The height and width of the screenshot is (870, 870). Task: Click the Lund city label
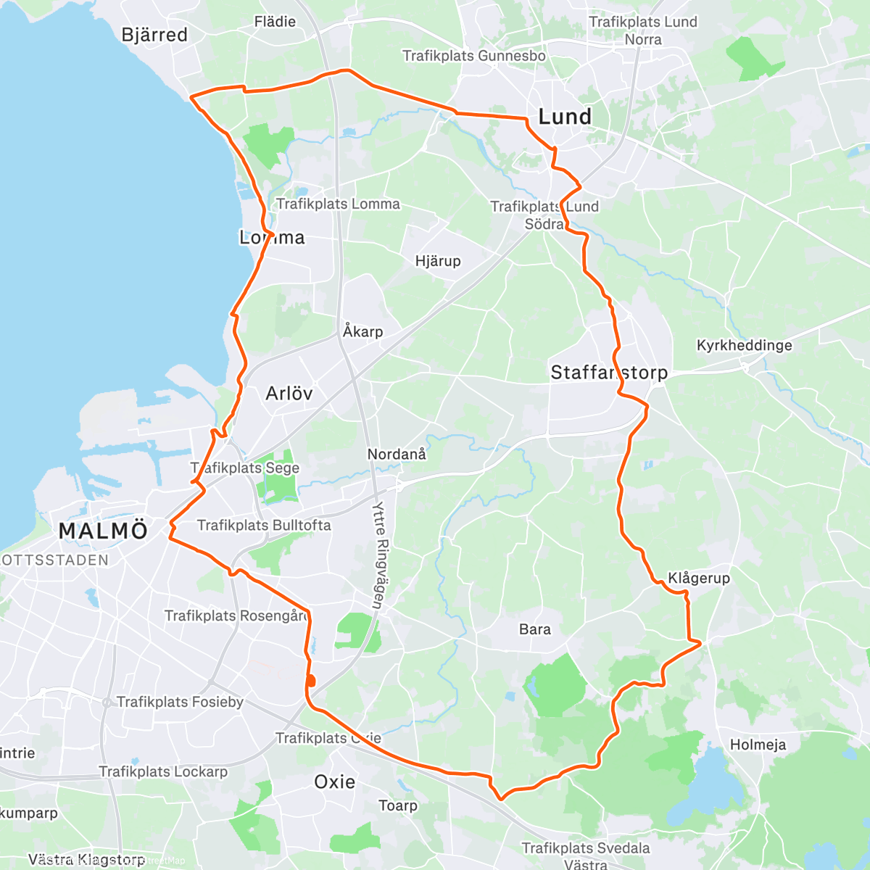click(x=564, y=117)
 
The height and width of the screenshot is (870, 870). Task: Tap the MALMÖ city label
click(x=103, y=531)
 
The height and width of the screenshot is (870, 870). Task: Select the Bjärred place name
click(x=154, y=35)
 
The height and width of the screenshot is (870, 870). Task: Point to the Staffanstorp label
click(x=609, y=373)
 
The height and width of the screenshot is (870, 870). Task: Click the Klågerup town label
click(x=699, y=578)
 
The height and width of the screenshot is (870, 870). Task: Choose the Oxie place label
click(x=334, y=782)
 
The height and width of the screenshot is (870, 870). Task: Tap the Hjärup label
click(x=438, y=261)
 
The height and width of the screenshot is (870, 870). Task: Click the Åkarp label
click(x=362, y=331)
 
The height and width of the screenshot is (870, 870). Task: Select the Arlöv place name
click(x=289, y=394)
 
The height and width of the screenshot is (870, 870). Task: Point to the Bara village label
click(x=535, y=629)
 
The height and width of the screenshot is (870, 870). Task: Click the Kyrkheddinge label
click(x=745, y=345)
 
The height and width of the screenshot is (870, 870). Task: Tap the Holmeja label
click(x=758, y=745)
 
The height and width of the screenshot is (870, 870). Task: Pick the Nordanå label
click(x=397, y=455)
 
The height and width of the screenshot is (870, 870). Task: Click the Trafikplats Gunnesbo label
click(x=474, y=56)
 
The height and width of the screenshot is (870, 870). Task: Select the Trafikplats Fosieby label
click(x=180, y=702)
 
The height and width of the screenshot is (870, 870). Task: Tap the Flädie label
click(x=275, y=22)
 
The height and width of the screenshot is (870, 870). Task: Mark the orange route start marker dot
click(x=311, y=681)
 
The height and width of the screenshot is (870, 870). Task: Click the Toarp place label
click(x=398, y=805)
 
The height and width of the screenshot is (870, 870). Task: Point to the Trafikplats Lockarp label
click(x=163, y=771)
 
